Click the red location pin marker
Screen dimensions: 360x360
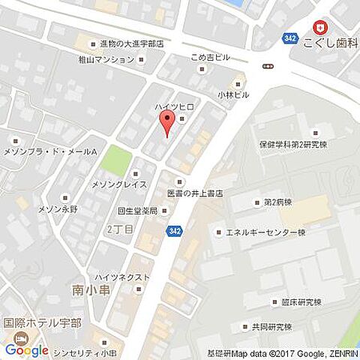point(166,124)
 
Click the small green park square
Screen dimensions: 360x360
point(116,160)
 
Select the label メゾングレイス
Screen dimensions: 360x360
point(118,183)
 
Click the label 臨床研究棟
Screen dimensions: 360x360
point(296,302)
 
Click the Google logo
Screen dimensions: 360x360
point(26,349)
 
